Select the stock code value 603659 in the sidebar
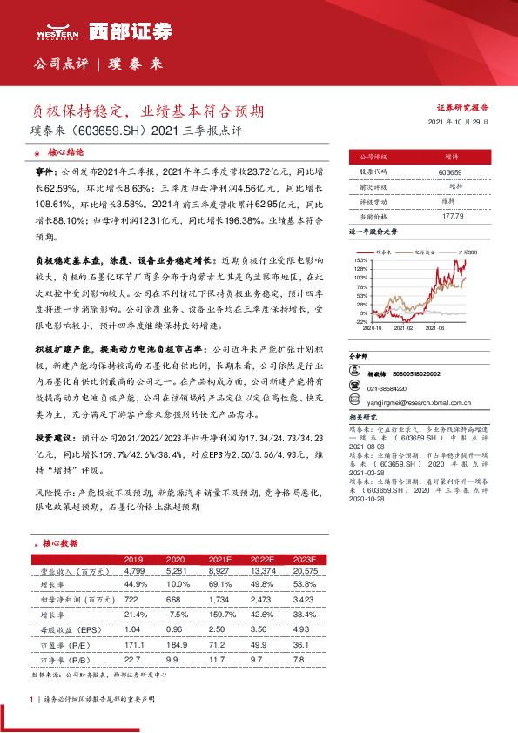tap(450, 172)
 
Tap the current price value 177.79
tap(450, 214)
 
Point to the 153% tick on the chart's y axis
tap(360, 260)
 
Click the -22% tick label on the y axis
tap(360, 321)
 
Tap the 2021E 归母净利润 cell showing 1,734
tap(219, 600)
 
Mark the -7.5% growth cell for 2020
tap(177, 614)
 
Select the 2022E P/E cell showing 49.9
tap(261, 643)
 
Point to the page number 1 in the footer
tap(31, 699)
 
